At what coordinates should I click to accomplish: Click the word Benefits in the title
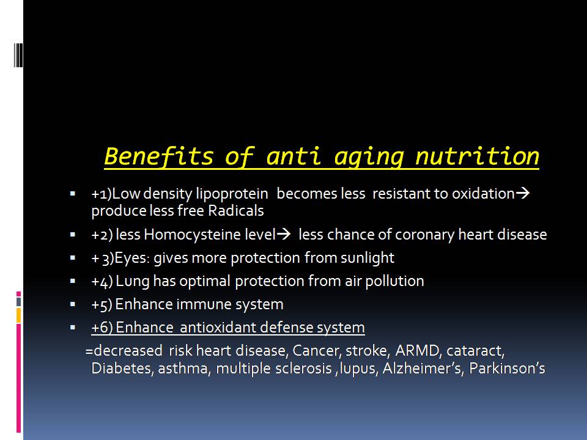click(159, 156)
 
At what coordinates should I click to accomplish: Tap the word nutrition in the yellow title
click(478, 156)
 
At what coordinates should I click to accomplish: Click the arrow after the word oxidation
click(523, 193)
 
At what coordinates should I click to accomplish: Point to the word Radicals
click(236, 211)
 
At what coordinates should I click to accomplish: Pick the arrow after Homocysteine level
click(283, 234)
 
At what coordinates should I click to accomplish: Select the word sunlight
click(367, 258)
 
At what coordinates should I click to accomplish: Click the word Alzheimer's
click(423, 369)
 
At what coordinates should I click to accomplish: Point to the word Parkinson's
click(507, 369)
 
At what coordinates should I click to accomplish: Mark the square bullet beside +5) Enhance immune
click(73, 304)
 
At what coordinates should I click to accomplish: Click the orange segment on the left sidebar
click(18, 315)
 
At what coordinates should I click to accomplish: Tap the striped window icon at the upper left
click(18, 55)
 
